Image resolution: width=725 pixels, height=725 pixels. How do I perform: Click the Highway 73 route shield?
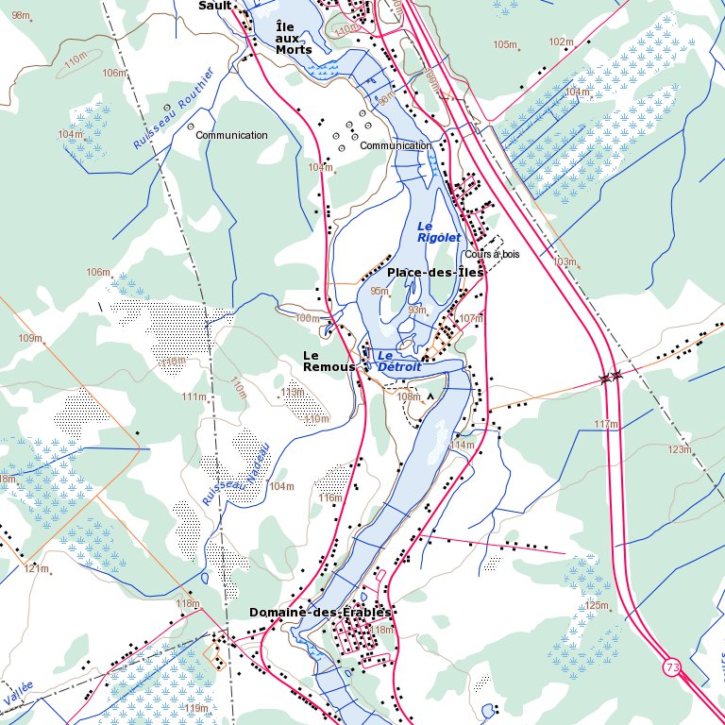pos(671,667)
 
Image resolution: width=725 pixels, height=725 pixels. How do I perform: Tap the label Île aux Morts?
pos(294,38)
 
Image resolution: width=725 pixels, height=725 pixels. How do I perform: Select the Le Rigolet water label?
pos(438,232)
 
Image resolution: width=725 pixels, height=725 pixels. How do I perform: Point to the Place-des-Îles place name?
pos(435,272)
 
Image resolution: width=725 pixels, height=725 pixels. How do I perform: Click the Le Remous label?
pos(329,361)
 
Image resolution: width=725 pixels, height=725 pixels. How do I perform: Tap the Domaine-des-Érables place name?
pos(319,613)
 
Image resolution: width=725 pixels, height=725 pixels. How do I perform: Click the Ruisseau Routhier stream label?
pos(175,109)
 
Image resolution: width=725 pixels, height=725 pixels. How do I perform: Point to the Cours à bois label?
pos(492,255)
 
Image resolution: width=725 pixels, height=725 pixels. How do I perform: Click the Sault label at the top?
pos(214,6)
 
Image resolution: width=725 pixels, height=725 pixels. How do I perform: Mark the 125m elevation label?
pos(597,605)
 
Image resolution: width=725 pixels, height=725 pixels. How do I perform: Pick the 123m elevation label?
pos(680,450)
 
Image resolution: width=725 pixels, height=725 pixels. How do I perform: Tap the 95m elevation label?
pos(379,291)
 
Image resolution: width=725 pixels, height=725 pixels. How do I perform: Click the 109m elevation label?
pos(30,338)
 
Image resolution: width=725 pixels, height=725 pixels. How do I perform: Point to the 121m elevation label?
pos(36,569)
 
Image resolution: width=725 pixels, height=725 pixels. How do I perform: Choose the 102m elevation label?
pos(561,42)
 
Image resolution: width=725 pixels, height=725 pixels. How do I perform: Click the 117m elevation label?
pos(606,425)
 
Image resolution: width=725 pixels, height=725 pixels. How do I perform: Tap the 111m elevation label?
pos(194,396)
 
